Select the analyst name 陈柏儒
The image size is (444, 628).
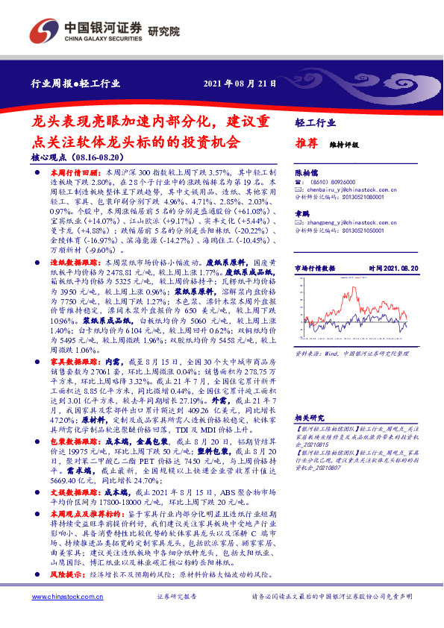(307, 172)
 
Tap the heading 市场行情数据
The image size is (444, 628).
(315, 267)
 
